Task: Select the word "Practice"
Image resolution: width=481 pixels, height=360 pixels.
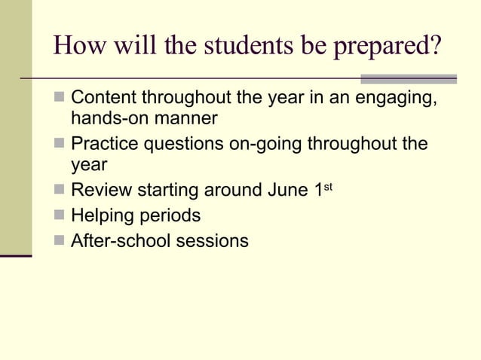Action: pos(105,144)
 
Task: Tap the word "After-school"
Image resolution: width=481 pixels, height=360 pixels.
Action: pos(120,241)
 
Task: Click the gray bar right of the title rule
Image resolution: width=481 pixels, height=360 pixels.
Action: pos(409,78)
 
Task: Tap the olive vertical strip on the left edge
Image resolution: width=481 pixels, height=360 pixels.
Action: pos(16,128)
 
